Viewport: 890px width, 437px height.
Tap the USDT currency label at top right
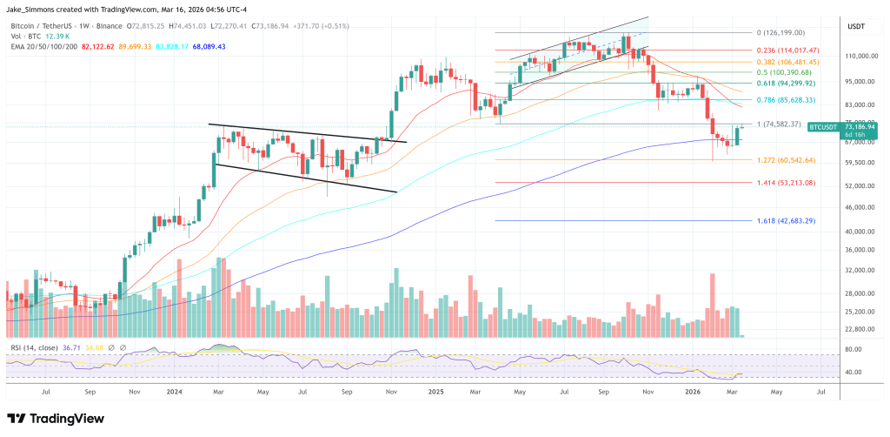tap(856, 27)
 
